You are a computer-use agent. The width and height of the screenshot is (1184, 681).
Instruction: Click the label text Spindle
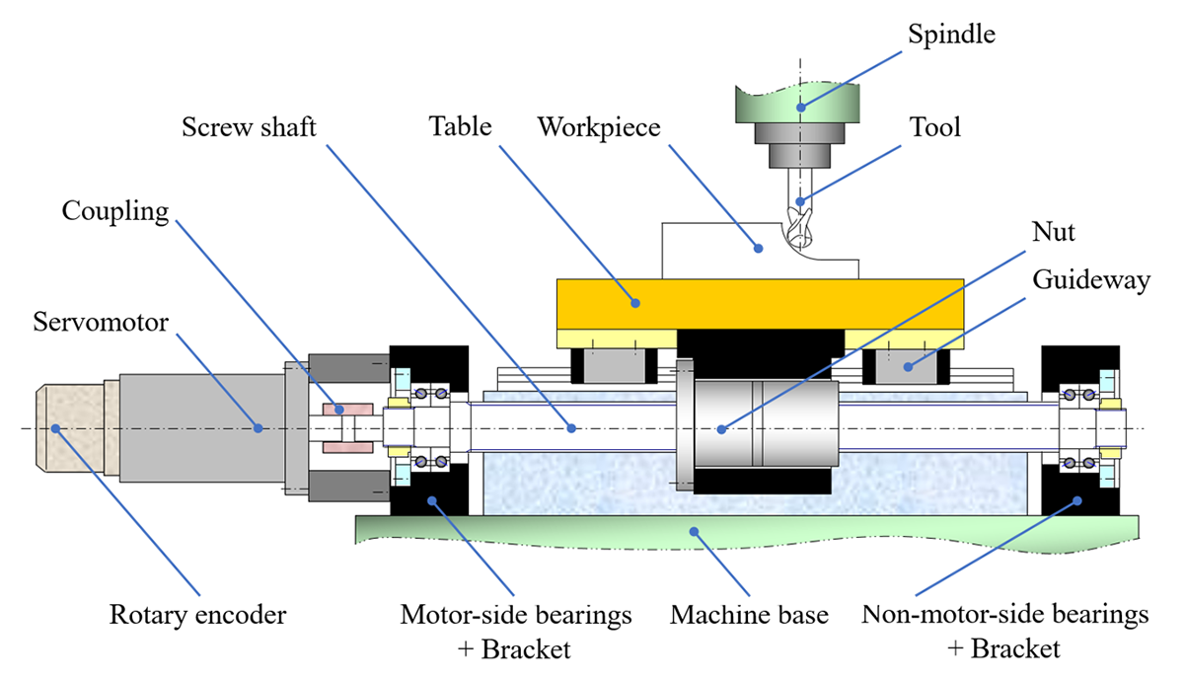point(951,36)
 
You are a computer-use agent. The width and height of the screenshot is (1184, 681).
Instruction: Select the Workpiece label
point(598,127)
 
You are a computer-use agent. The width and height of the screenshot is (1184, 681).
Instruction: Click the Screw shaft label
point(249,127)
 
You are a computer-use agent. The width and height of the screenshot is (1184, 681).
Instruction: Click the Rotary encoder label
point(197,616)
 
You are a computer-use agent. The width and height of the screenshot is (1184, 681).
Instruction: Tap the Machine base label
point(750,616)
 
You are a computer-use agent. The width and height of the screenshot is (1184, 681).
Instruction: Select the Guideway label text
point(1091,279)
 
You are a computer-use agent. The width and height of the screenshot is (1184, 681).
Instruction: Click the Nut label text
point(1054,234)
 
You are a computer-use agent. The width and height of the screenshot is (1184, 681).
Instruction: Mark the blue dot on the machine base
point(695,530)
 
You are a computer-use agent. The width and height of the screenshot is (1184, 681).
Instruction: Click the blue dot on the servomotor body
point(259,427)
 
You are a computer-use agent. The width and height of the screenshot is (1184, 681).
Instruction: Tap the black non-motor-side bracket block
point(1080,493)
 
